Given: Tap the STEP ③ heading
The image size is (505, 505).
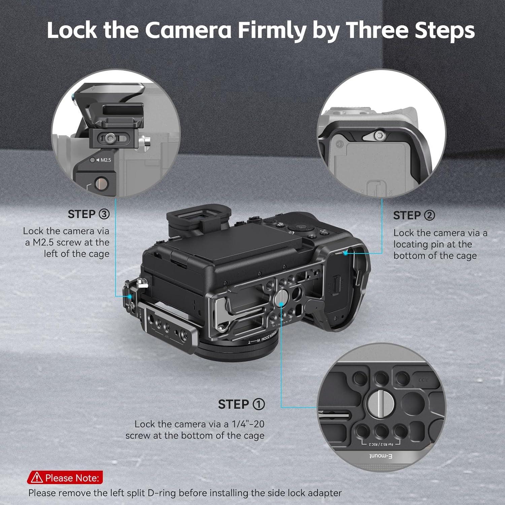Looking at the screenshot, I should [x=89, y=214].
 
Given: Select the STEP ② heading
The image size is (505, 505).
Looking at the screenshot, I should [x=414, y=215].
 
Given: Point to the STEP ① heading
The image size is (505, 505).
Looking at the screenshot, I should [x=241, y=404].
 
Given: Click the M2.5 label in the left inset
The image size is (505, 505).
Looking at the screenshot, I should [x=105, y=160].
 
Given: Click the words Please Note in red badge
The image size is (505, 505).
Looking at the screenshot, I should [x=72, y=478].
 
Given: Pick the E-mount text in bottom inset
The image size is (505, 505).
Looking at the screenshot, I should [x=381, y=456].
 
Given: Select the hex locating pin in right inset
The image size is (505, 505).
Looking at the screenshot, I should [x=380, y=136].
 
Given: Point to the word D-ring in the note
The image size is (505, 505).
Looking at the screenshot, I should [x=162, y=493].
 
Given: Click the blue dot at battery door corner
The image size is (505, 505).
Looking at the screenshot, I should [x=346, y=253].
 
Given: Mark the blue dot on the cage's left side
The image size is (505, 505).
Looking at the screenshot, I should [x=130, y=296].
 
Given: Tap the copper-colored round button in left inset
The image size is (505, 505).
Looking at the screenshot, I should [x=101, y=183].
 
